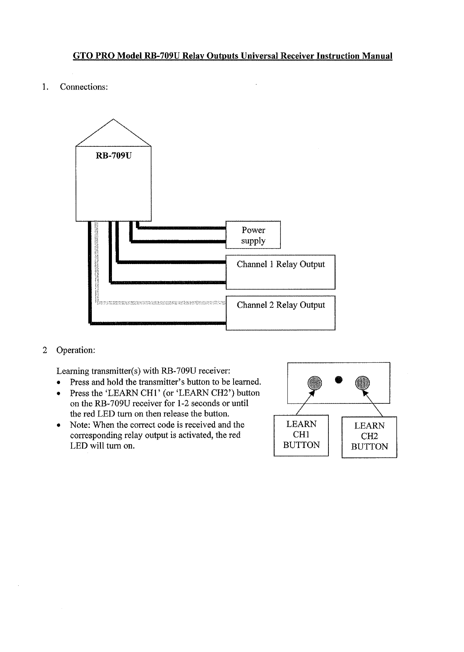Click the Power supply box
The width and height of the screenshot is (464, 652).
(x=253, y=235)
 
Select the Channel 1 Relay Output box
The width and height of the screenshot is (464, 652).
(x=280, y=272)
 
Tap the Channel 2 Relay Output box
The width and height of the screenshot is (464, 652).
(x=280, y=313)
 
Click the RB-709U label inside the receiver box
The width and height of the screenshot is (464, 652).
(x=113, y=156)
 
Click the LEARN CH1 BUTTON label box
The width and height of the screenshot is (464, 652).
(x=301, y=435)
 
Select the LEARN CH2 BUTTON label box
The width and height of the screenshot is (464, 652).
(x=369, y=436)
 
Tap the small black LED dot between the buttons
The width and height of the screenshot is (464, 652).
(x=339, y=379)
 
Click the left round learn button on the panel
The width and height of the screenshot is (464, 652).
(x=314, y=383)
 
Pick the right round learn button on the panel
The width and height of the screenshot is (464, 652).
(x=363, y=383)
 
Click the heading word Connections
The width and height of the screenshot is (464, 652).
(x=84, y=87)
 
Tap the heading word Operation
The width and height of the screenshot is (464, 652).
(x=76, y=350)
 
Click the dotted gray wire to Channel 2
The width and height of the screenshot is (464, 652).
(x=163, y=303)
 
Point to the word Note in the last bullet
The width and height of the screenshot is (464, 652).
(x=80, y=425)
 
